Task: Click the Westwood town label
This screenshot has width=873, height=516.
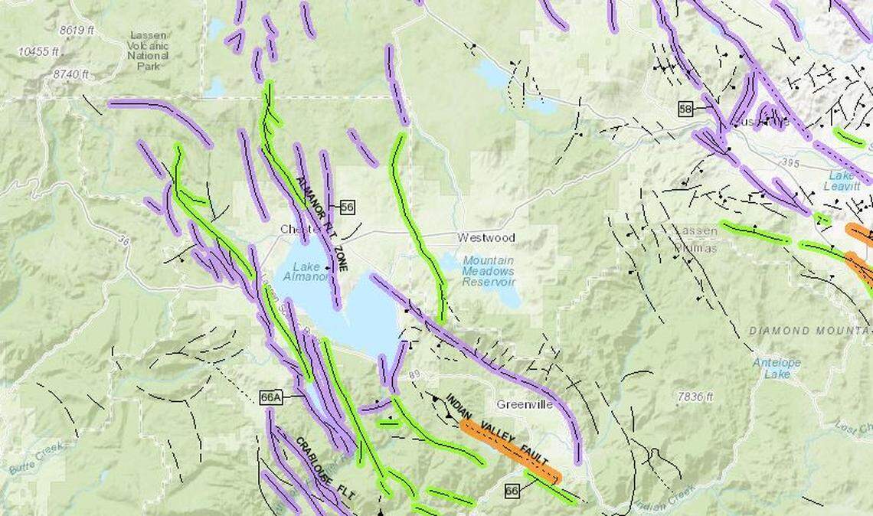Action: tap(486, 237)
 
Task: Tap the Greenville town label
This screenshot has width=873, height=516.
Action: tap(524, 404)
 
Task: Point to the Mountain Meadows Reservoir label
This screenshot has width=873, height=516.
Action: tap(488, 271)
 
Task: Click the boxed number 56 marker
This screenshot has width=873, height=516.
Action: tap(347, 207)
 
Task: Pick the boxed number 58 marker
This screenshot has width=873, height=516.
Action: tap(685, 109)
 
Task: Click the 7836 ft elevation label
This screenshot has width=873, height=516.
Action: tap(695, 397)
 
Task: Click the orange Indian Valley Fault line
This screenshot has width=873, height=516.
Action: tap(509, 452)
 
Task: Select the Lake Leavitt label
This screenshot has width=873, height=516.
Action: tap(839, 181)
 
